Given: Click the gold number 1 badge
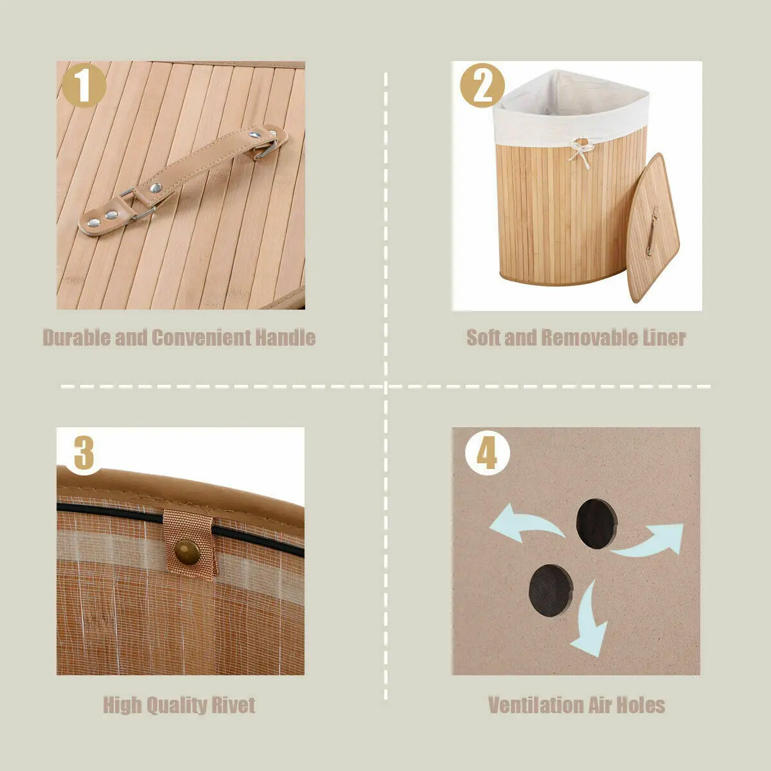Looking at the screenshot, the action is [84, 85].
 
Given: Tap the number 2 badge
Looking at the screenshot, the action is [482, 85].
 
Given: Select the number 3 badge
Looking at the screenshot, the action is [84, 454].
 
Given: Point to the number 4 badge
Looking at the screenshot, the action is [487, 453].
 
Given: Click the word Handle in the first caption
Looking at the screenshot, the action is [285, 338].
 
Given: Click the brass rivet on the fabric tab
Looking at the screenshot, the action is [187, 553].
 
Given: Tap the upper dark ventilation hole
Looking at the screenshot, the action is [596, 524].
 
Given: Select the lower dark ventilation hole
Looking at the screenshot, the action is [551, 590].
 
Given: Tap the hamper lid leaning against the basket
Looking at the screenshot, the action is [651, 228].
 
